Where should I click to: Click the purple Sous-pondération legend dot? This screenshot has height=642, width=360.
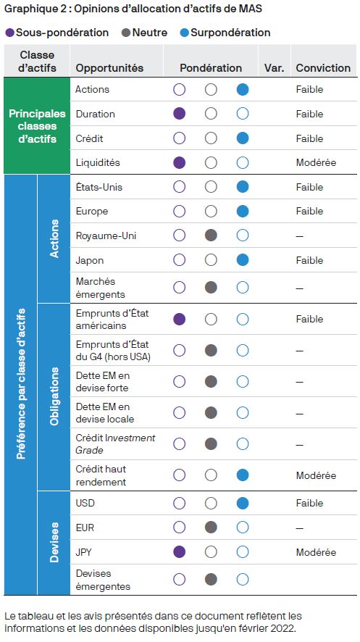pos(10,33)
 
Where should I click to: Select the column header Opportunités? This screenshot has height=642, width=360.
pos(109,68)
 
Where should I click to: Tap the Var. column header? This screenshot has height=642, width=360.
pos(274,68)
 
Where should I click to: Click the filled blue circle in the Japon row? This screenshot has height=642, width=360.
pos(243,260)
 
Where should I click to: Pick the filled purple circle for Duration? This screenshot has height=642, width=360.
pos(179,114)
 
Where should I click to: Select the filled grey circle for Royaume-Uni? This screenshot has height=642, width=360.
pos(211,235)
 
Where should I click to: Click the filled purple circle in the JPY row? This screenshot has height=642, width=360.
pos(179,552)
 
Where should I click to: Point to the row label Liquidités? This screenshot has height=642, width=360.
pos(98,162)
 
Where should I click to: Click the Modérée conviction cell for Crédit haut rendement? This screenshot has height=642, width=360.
pos(316,475)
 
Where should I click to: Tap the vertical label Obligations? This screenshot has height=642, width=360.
pos(54,396)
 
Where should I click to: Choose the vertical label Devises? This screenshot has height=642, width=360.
pos(54,542)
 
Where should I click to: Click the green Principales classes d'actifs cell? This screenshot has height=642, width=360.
pos(37,125)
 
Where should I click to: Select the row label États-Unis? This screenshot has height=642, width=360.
pos(99,187)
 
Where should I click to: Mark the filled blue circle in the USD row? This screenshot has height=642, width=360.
pos(243,503)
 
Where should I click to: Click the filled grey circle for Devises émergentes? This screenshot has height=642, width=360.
pos(211,580)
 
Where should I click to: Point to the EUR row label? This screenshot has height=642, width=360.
pos(85,528)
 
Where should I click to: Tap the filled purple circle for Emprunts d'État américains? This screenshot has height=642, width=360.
pos(179,319)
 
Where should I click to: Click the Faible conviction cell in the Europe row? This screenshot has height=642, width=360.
pos(309,212)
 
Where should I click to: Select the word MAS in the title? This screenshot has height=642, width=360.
pos(251,9)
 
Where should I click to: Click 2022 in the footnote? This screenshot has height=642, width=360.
pos(283,628)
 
